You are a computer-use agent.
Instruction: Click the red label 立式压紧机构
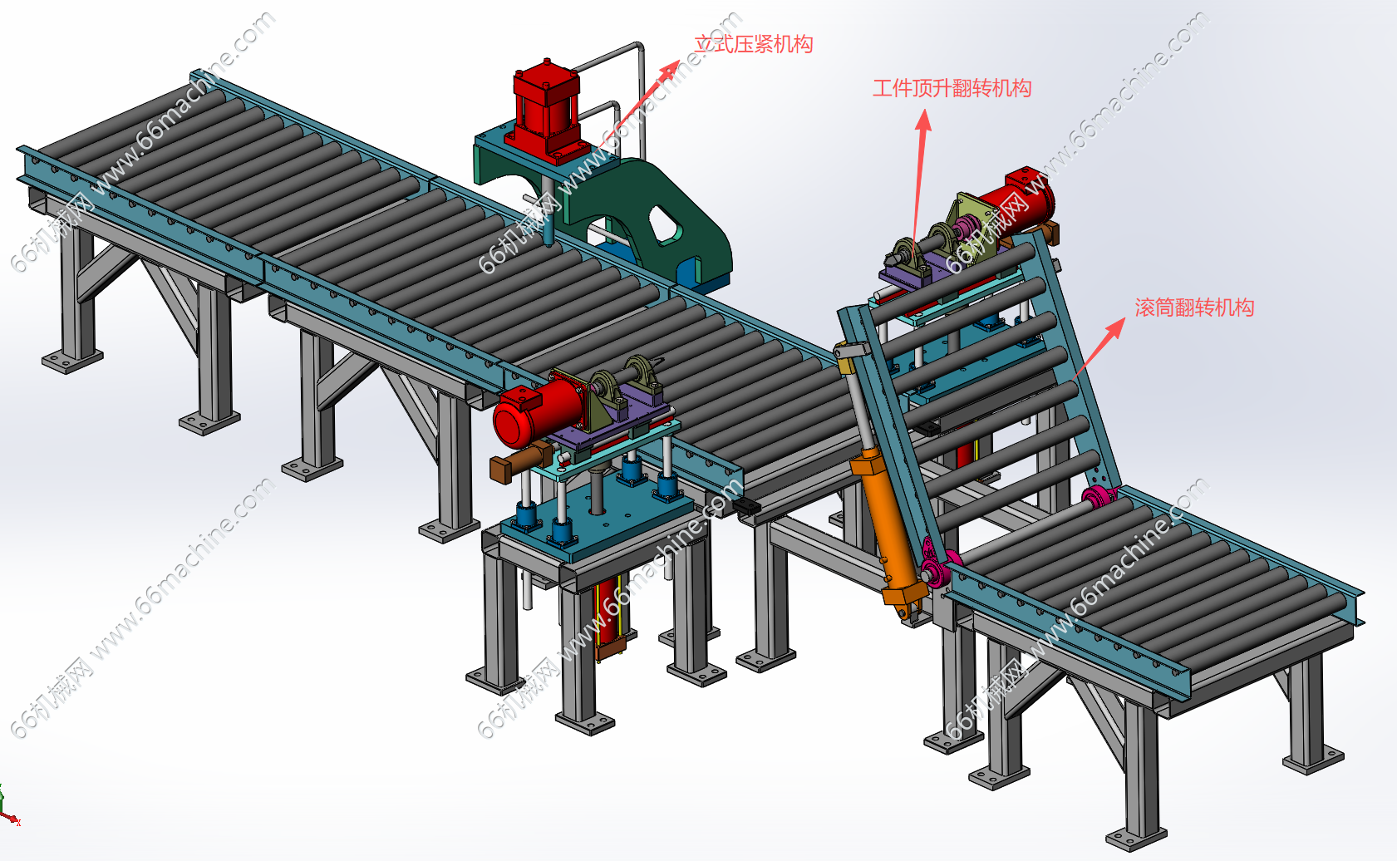754,44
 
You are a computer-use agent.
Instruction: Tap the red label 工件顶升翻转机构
952,88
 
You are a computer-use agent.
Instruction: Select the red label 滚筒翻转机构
1194,307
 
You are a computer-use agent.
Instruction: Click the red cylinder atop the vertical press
546,111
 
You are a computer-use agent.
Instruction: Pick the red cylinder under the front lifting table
610,617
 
